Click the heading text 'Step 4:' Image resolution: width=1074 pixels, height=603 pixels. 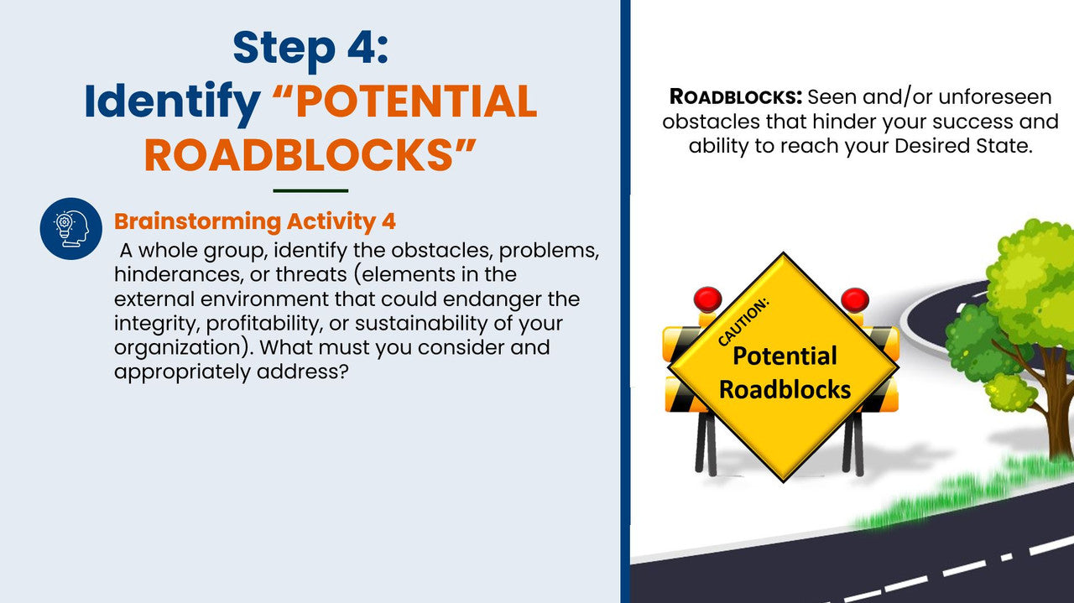coord(310,48)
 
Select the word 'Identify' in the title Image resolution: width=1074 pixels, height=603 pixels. coord(173,101)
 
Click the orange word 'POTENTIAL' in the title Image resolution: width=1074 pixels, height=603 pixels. coord(416,101)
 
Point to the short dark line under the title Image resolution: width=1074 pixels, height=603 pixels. coord(310,190)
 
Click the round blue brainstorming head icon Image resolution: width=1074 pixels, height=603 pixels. coord(71,228)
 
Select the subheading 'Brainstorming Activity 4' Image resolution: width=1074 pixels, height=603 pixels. coord(255,221)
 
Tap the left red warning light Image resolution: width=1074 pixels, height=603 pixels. coord(707,299)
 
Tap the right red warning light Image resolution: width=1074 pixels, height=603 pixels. coord(854,299)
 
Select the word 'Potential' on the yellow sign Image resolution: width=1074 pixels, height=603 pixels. coord(785,356)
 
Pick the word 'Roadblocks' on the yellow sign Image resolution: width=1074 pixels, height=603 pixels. coord(785,389)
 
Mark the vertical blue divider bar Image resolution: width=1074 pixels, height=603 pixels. coord(625,301)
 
